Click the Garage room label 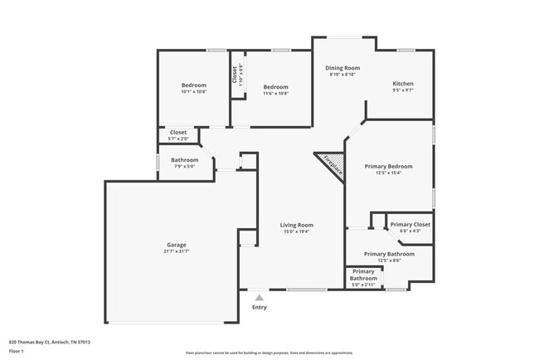click(176, 245)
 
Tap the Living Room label click(296, 225)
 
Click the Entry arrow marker click(260, 297)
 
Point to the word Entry click(260, 308)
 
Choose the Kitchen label click(402, 84)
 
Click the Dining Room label click(342, 68)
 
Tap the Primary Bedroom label click(389, 166)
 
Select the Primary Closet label click(410, 225)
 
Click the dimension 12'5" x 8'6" click(389, 260)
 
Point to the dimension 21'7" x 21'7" click(176, 251)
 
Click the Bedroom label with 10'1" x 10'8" click(194, 85)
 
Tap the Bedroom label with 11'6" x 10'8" click(275, 87)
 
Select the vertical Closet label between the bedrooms click(235, 74)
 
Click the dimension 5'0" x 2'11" click(363, 285)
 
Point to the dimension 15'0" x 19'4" click(296, 231)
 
